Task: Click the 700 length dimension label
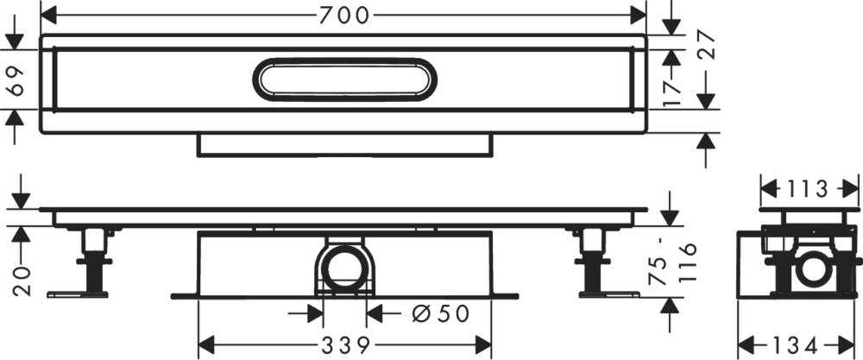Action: tap(343, 16)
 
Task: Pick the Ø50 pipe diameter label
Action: tap(440, 313)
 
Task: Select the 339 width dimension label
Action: tap(344, 345)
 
